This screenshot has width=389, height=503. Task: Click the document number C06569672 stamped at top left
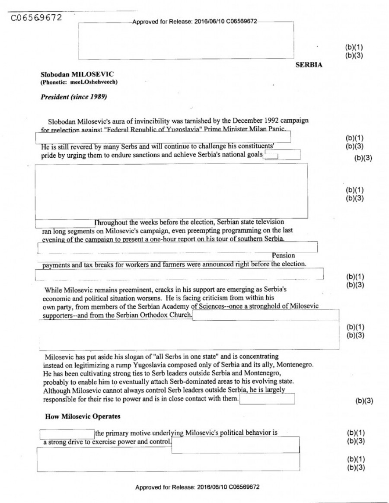pyautogui.click(x=36, y=18)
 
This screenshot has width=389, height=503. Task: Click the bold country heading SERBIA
pyautogui.click(x=309, y=65)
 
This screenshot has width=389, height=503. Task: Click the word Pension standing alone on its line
pyautogui.click(x=284, y=256)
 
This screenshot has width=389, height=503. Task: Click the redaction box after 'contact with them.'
pyautogui.click(x=267, y=399)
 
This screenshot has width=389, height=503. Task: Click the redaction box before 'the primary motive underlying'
pyautogui.click(x=67, y=433)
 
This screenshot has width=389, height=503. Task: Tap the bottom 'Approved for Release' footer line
pyautogui.click(x=198, y=487)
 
